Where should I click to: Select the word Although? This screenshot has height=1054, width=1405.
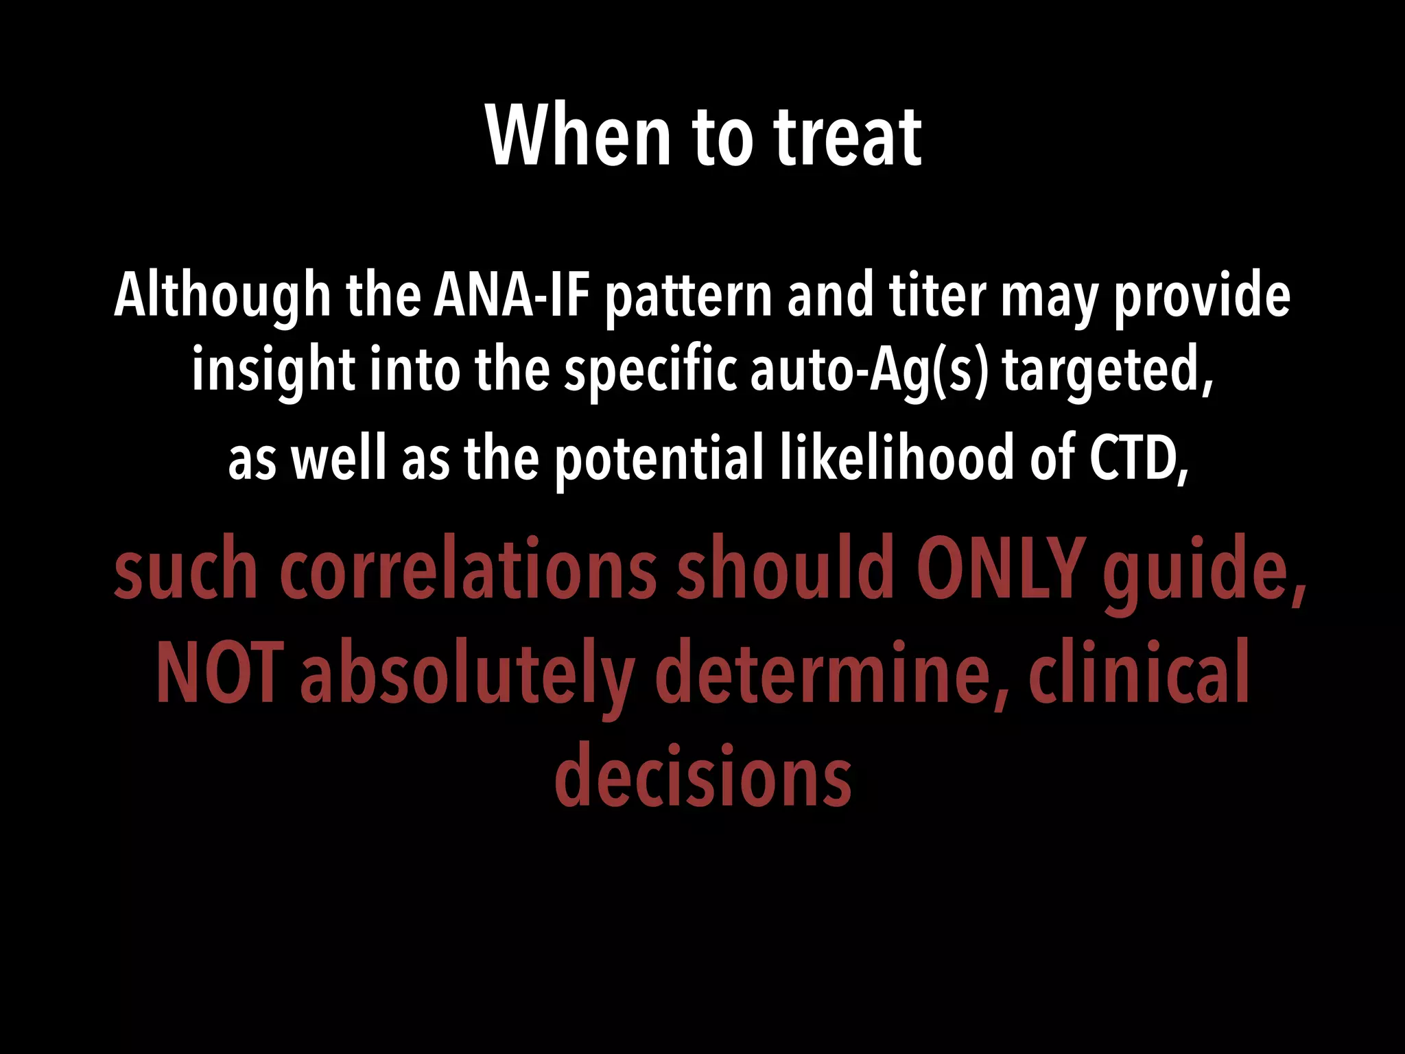point(222,295)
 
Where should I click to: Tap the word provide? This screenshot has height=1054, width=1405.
point(1201,295)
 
